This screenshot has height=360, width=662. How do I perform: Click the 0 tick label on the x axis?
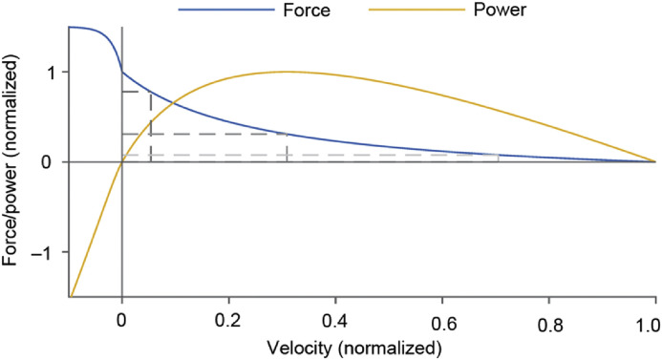click(x=121, y=317)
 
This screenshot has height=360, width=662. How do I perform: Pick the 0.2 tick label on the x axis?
click(x=227, y=317)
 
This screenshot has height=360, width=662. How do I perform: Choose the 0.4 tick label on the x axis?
click(x=334, y=317)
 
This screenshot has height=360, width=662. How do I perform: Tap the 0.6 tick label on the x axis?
click(x=441, y=317)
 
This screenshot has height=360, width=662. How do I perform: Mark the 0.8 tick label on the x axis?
click(x=547, y=317)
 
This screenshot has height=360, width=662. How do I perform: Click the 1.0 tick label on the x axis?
click(x=653, y=317)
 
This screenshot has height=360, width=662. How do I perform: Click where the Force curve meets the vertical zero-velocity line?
click(x=121, y=72)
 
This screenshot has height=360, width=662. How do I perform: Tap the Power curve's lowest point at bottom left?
click(x=71, y=297)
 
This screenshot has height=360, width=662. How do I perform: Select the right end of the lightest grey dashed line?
click(x=498, y=155)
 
